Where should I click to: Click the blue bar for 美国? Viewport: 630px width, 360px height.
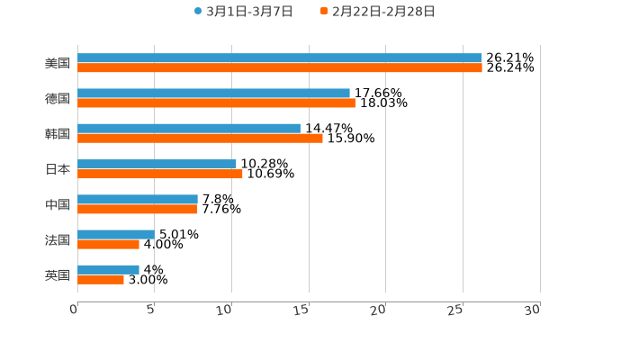point(279,58)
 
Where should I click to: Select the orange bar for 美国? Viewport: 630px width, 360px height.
point(279,67)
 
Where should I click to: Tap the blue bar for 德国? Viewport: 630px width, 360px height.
point(213,93)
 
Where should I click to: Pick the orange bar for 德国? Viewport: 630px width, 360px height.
point(216,103)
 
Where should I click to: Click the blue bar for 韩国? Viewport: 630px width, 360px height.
point(189,128)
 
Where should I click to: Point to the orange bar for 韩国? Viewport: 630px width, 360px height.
point(200,138)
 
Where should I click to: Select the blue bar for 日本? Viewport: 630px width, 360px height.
point(157,164)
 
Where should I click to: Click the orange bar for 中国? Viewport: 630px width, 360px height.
point(137,209)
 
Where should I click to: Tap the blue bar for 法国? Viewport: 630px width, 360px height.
point(115,234)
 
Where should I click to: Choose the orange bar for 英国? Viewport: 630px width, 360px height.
point(101,279)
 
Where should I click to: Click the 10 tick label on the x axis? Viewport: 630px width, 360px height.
point(228,309)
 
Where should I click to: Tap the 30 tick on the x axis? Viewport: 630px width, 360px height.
point(535,309)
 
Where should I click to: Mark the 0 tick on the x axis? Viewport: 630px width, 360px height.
point(75,309)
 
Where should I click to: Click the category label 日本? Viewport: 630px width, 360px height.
point(58,169)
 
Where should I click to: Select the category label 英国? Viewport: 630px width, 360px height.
point(58,274)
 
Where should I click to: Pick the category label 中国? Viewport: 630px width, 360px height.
point(58,204)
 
